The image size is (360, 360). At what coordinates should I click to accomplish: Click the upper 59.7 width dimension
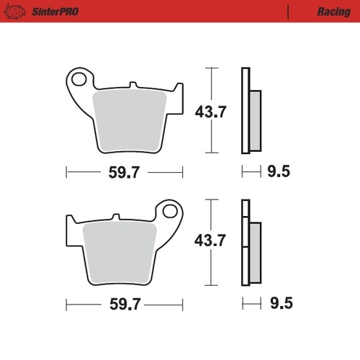pyautogui.click(x=125, y=173)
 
